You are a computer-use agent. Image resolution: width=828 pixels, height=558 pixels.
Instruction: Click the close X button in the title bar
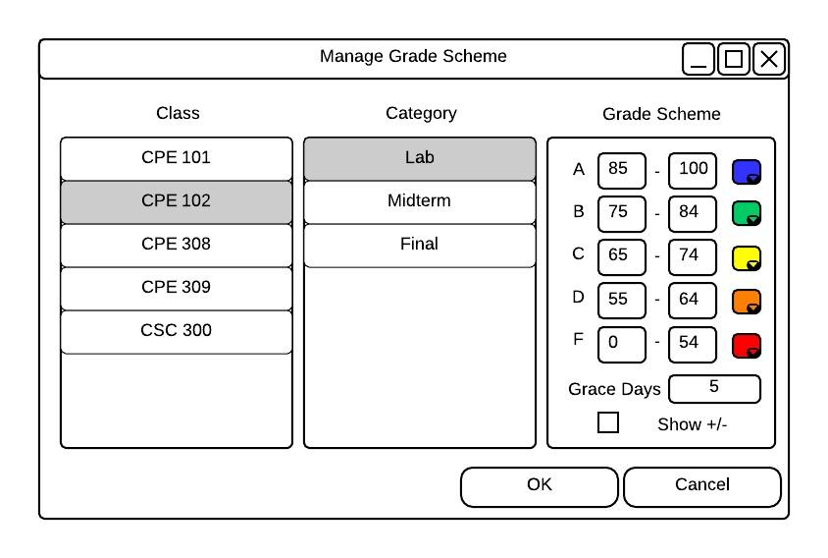coord(769,59)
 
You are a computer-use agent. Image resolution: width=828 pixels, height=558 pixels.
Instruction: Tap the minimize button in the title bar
coord(699,59)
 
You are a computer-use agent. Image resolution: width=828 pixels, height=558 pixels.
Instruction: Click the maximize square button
coord(734,59)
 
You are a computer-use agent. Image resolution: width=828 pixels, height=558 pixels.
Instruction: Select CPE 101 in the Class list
coord(177,158)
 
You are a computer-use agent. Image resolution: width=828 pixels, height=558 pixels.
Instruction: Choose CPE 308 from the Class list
coord(177,245)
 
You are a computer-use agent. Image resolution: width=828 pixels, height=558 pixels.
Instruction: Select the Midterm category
coord(420,201)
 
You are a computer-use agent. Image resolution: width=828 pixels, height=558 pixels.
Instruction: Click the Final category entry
coord(420,245)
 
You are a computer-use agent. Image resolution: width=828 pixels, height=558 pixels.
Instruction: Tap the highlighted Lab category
coord(420,158)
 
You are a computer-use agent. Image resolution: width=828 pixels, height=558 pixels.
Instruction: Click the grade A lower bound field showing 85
coord(622,170)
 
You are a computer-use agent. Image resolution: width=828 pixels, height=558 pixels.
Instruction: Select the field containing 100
coord(693,170)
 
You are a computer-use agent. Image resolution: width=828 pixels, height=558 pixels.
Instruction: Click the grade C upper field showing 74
coord(693,257)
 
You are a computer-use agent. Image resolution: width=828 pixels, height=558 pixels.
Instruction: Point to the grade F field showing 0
coord(622,344)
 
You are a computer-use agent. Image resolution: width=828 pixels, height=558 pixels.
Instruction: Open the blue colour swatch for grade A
coord(747,171)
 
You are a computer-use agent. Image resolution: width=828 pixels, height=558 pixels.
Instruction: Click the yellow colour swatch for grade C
coord(747,258)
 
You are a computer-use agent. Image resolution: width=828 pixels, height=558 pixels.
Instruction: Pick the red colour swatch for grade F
coord(747,346)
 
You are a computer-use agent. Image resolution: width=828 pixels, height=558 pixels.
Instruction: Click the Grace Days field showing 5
coord(714,389)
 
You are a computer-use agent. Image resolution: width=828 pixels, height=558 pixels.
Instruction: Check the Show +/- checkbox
coord(608,422)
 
